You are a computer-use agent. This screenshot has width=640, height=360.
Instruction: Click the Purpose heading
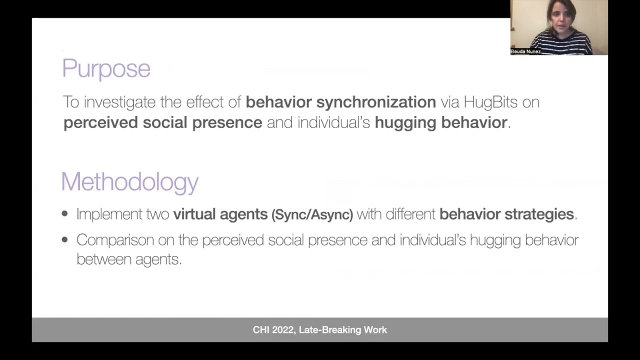[x=106, y=68]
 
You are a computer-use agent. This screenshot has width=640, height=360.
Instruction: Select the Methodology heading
[x=129, y=181]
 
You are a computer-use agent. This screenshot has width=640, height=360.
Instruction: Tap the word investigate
[x=119, y=102]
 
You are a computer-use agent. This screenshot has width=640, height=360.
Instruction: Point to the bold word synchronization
[x=376, y=102]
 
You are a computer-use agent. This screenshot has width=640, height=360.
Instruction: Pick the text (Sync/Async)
[x=312, y=214]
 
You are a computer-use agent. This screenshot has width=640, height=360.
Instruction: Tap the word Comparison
[x=115, y=240]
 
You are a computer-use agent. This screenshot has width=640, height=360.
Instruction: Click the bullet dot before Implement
[x=64, y=214]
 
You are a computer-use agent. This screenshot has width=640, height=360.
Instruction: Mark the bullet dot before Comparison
[x=64, y=240]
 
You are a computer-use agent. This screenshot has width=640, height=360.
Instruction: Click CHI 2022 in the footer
[x=273, y=330]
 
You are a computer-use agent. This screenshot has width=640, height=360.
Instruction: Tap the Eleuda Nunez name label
[x=525, y=51]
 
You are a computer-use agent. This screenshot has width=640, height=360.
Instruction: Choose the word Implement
[x=109, y=214]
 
